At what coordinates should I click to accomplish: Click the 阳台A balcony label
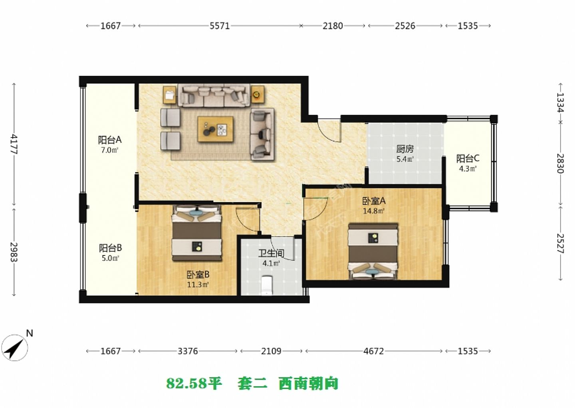pos(109,144)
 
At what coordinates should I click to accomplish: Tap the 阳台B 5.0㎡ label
pos(110,252)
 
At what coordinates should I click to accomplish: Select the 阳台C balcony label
pos(468,163)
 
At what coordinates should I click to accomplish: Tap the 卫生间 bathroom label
pos(271,257)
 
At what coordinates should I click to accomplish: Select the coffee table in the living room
pos(215,129)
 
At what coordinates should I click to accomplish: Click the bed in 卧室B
pos(196,233)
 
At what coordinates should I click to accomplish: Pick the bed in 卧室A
pos(373,251)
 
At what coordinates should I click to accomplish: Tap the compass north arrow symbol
pos(15,347)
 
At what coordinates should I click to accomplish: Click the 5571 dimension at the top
pos(220,26)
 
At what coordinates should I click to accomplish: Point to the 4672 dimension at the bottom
pos(373,351)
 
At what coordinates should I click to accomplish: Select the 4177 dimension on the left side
pos(14,144)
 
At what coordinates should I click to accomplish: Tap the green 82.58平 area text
pos(194,384)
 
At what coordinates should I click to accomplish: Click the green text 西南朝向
pos(308,384)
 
